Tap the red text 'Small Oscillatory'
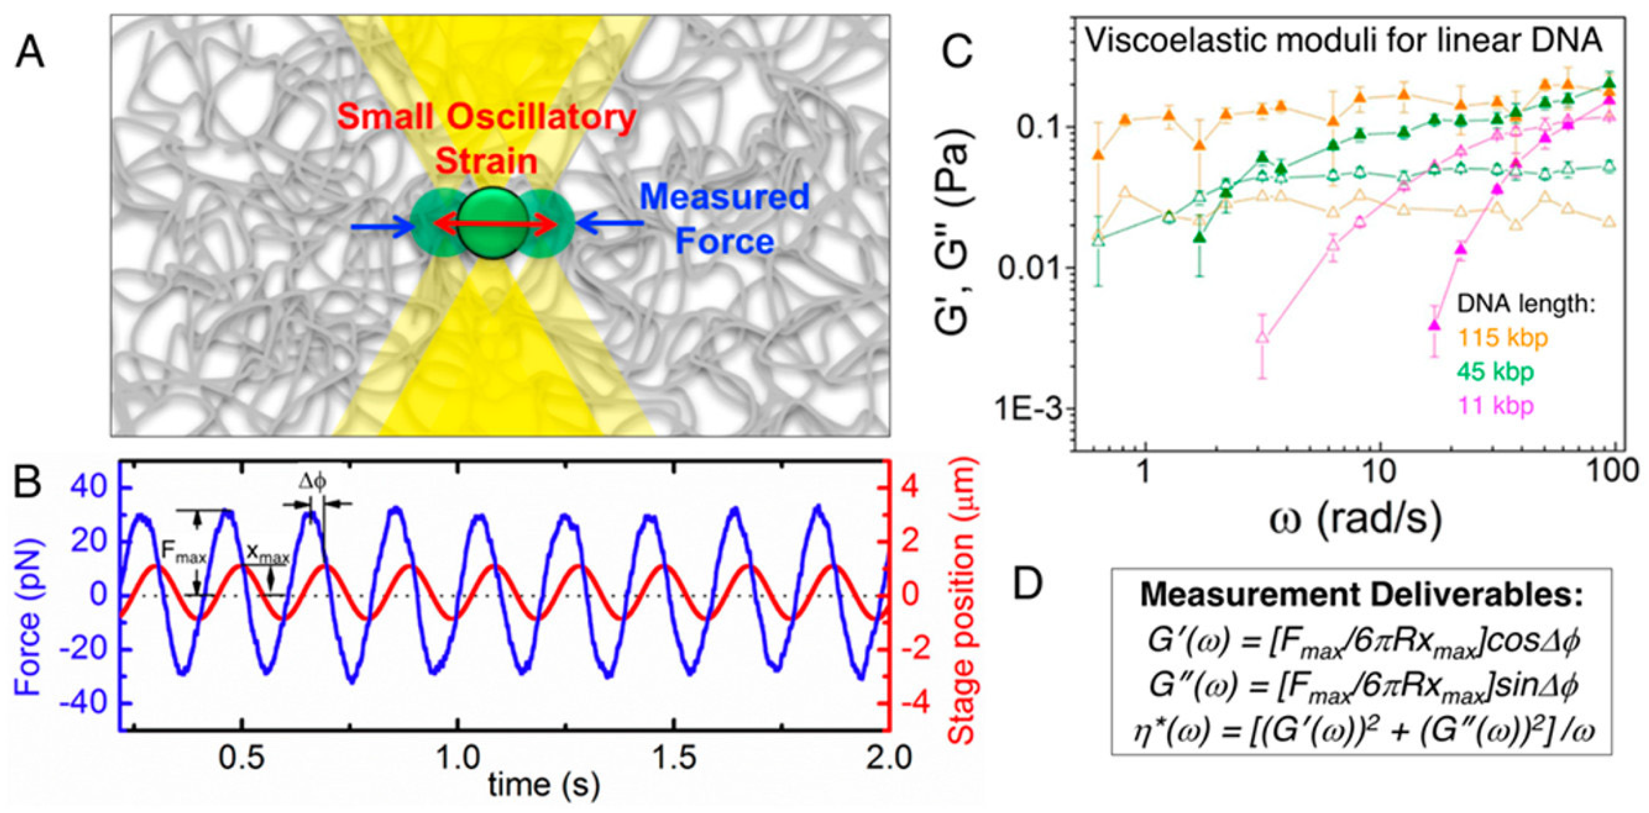click(x=486, y=118)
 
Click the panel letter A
click(x=30, y=52)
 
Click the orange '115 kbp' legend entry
click(x=1503, y=337)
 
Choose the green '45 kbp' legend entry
click(x=1496, y=371)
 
